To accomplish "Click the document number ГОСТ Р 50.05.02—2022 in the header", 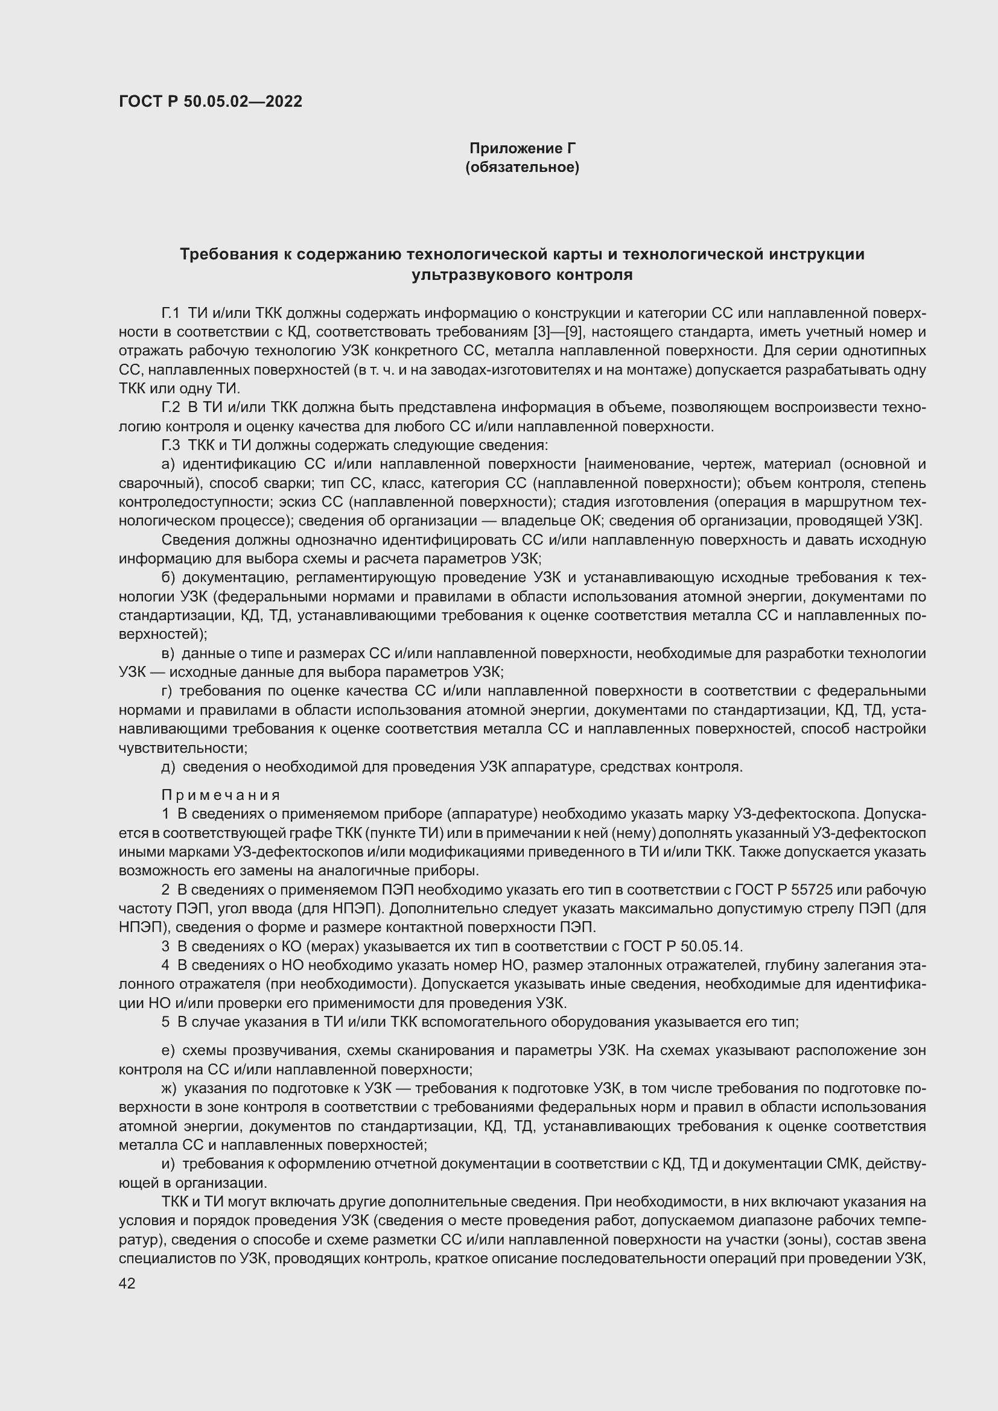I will pyautogui.click(x=211, y=102).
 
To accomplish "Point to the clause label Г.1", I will pyautogui.click(x=170, y=314).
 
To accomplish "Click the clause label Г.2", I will pyautogui.click(x=170, y=408).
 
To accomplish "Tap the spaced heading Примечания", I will pyautogui.click(x=221, y=796).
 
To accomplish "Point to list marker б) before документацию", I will pyautogui.click(x=168, y=578).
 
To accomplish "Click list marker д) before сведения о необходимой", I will pyautogui.click(x=168, y=767).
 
